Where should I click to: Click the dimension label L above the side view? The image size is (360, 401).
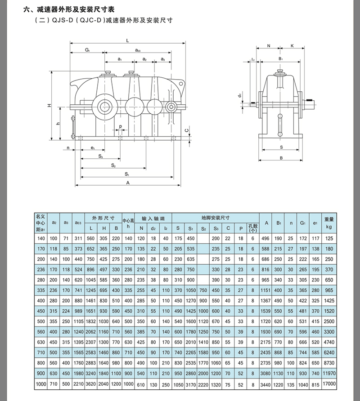click(127, 40)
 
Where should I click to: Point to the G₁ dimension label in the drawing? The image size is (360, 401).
click(88, 50)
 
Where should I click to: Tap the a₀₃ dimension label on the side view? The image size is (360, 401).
click(138, 50)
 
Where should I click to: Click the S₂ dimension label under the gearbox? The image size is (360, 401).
click(113, 165)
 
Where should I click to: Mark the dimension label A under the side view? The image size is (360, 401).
click(128, 183)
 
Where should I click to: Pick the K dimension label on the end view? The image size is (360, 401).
click(292, 46)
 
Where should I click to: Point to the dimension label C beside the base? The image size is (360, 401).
click(187, 130)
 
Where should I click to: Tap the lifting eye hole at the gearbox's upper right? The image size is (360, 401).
click(181, 84)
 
